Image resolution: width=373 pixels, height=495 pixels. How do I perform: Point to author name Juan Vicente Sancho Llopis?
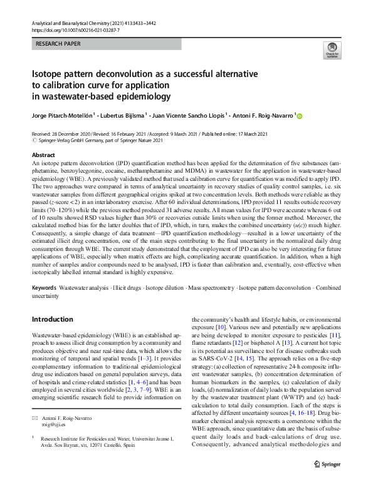point(190,116)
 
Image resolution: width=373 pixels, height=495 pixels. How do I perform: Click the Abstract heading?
point(43,155)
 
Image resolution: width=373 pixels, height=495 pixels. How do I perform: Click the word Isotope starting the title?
point(49,74)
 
